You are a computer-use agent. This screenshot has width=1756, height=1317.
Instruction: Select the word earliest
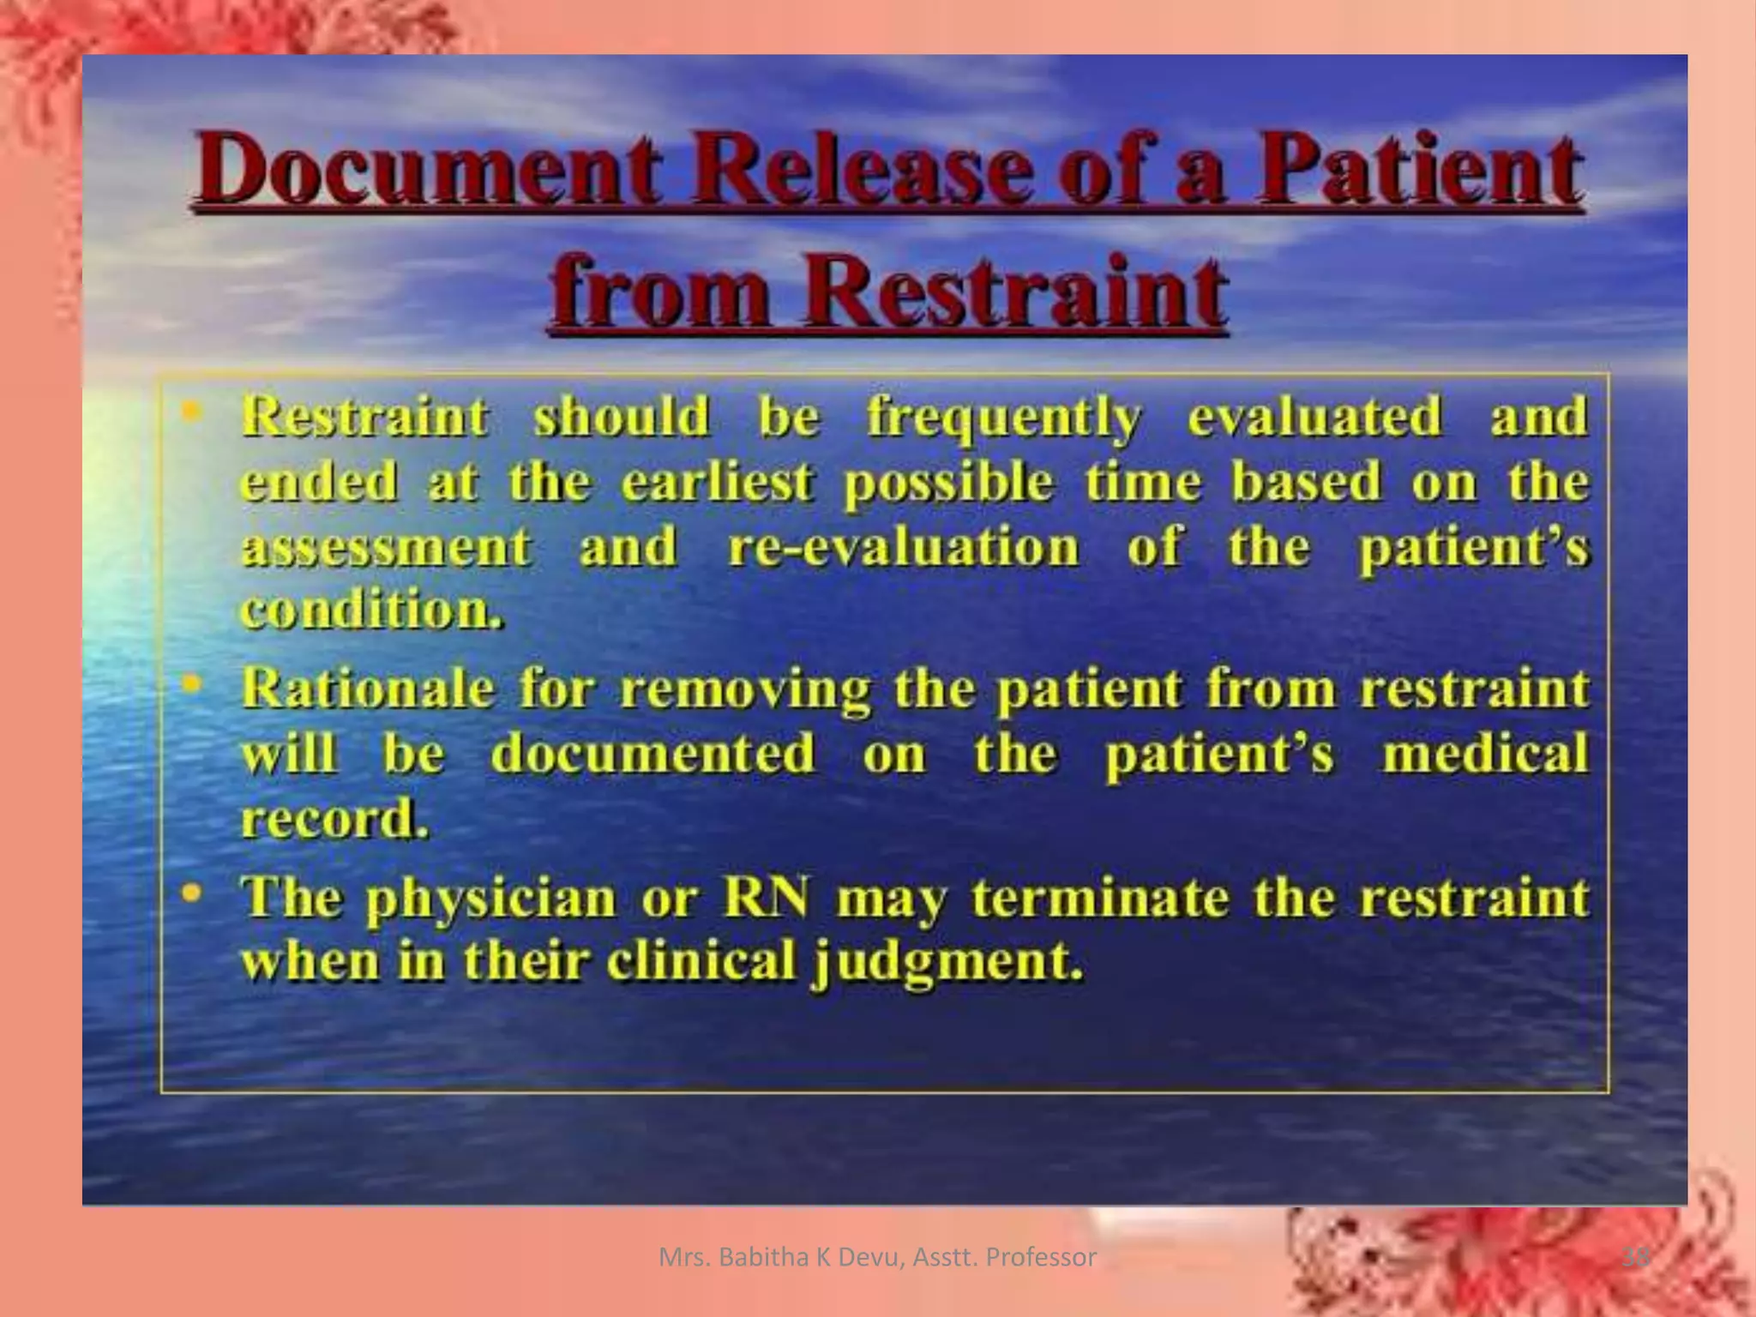(x=716, y=482)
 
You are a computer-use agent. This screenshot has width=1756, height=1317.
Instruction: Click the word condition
(x=370, y=610)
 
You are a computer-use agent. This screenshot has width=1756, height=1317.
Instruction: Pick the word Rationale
(x=368, y=689)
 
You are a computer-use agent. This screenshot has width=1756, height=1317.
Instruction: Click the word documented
(x=652, y=755)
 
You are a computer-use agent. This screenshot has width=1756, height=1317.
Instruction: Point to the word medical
(x=1485, y=755)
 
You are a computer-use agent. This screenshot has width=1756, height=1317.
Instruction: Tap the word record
(x=334, y=820)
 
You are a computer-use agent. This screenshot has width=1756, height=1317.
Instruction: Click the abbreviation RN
(x=767, y=898)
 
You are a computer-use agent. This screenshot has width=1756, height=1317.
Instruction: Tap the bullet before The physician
(x=193, y=893)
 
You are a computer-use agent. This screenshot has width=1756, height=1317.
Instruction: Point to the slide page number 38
(x=1636, y=1258)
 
